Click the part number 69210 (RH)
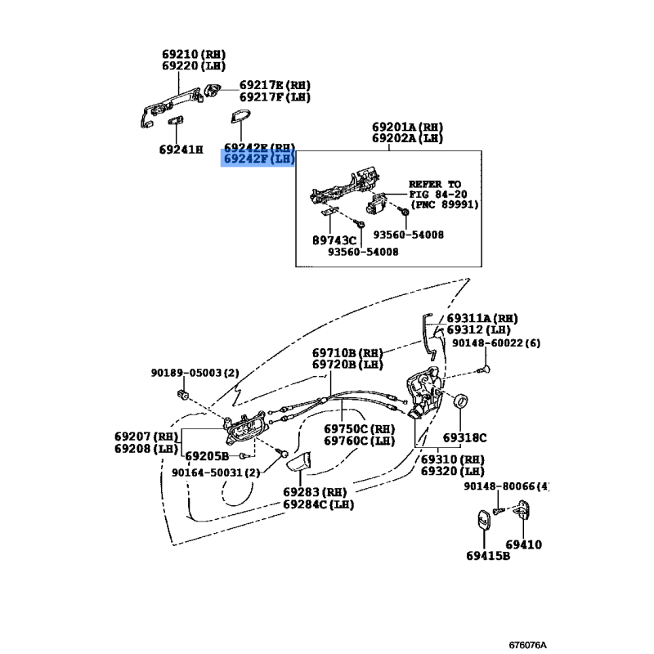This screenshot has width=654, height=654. [x=194, y=55]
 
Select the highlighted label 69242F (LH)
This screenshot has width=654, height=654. [x=259, y=159]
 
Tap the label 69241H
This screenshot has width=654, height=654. [x=181, y=150]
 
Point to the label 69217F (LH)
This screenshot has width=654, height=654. [x=275, y=97]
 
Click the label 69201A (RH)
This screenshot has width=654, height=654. [x=407, y=127]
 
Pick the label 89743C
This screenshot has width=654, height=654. [x=334, y=240]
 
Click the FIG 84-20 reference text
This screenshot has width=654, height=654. [x=438, y=194]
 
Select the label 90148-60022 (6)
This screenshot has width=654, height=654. [x=496, y=343]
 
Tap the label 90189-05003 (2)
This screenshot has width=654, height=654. [x=195, y=373]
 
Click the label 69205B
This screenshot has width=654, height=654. [x=207, y=456]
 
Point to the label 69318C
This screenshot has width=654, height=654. [x=464, y=438]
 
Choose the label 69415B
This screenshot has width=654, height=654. [x=488, y=556]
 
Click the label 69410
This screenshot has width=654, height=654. [x=523, y=544]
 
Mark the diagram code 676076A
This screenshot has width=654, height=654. [x=527, y=645]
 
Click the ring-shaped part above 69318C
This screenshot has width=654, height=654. [x=460, y=401]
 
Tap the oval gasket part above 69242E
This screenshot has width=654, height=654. [x=240, y=117]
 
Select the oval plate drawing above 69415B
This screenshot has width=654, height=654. [x=484, y=520]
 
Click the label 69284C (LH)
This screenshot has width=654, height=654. [x=318, y=504]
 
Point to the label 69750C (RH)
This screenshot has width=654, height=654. [x=359, y=428]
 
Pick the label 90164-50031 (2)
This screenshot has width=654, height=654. [x=216, y=473]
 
